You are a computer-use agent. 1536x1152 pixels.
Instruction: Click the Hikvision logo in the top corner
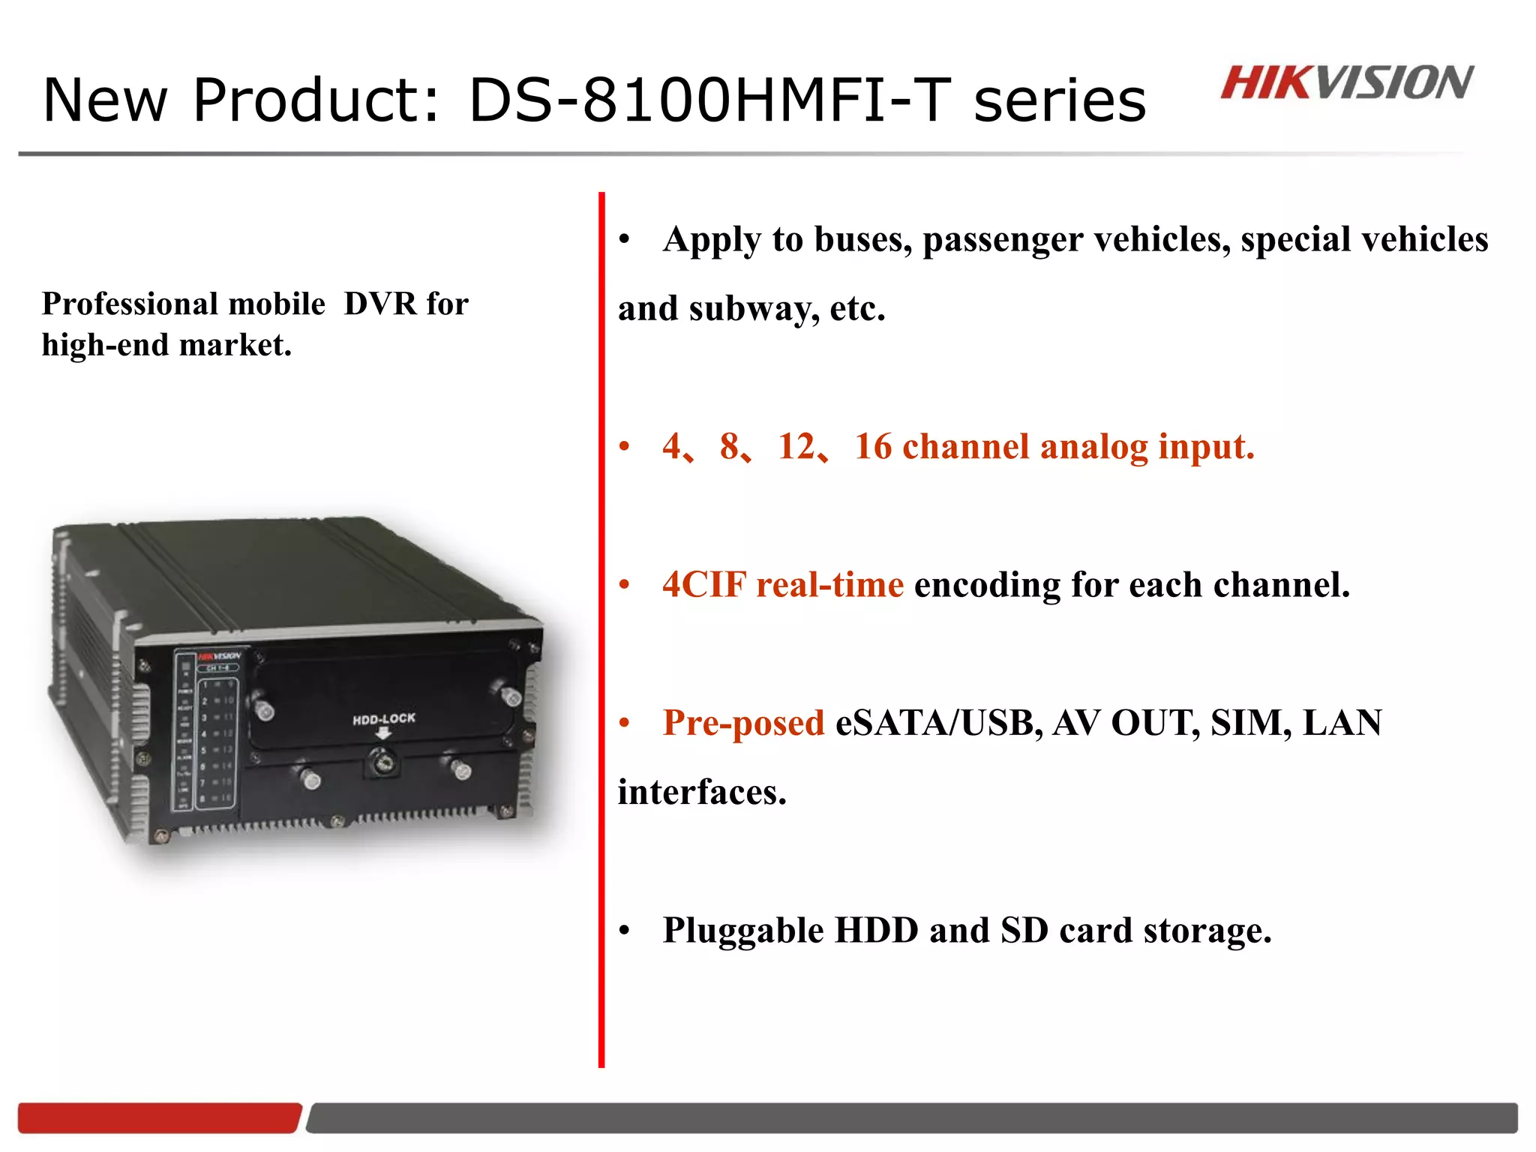(1346, 82)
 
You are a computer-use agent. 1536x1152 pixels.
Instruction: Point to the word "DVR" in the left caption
(379, 304)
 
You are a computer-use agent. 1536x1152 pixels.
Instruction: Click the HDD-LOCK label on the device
(383, 718)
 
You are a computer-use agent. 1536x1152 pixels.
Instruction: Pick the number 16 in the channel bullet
(873, 446)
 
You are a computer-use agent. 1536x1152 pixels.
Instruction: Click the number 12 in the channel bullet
(796, 446)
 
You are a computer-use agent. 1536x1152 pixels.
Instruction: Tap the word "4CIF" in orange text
(704, 584)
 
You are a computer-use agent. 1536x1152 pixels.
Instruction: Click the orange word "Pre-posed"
(743, 723)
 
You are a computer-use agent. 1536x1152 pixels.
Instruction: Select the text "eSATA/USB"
(938, 723)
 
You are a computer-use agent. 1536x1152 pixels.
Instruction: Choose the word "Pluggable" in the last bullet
(743, 931)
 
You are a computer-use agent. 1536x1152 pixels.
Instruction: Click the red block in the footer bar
(159, 1117)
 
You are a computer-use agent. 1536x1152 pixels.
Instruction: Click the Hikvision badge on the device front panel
(219, 655)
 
